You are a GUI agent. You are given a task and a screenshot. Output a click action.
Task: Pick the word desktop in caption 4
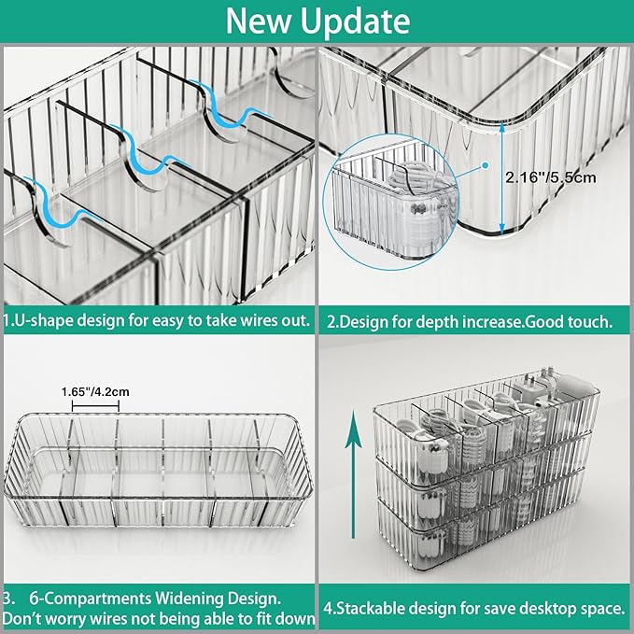[x=553, y=608]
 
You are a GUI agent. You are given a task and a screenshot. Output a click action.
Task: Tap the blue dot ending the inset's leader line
[x=486, y=163]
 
